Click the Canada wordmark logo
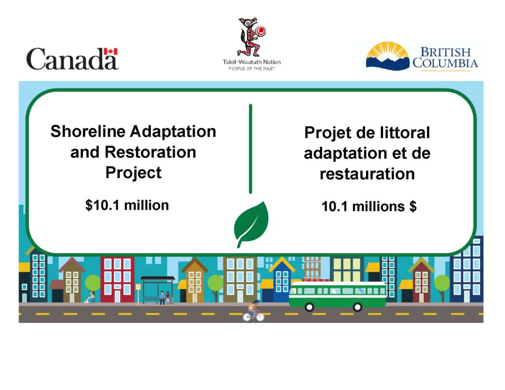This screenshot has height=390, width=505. point(72,59)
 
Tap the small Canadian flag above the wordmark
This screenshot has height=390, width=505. point(111,52)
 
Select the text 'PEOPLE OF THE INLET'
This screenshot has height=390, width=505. point(252,69)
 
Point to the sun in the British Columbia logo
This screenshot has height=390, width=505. point(388,51)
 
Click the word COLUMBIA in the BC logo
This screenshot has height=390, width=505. point(445,63)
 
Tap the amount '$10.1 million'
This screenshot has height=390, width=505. point(127,205)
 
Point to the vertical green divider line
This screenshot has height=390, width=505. point(251,148)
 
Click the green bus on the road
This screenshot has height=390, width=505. point(337,295)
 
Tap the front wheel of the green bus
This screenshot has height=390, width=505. point(309,307)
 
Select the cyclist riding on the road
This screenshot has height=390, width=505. point(253,311)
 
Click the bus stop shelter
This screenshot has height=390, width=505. point(157,289)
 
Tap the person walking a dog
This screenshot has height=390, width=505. point(90,297)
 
